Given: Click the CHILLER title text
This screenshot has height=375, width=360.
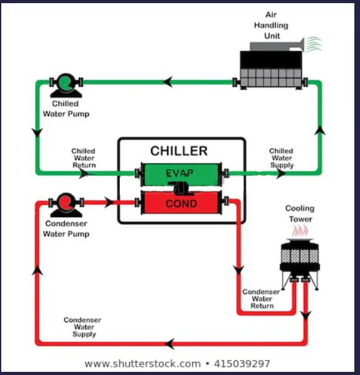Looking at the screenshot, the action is click(x=179, y=151).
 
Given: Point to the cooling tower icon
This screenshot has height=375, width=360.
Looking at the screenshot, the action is click(x=300, y=263).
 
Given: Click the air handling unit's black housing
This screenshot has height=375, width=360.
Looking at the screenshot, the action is click(x=271, y=60).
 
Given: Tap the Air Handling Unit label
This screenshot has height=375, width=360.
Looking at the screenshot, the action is click(x=272, y=25).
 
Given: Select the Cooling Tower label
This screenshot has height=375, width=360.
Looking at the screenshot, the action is click(x=300, y=214).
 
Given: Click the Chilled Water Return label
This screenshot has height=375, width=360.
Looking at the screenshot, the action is click(x=83, y=158).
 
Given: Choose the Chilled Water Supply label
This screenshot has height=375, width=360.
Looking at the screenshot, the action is click(x=282, y=158).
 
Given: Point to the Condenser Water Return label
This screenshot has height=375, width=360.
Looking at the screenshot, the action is click(x=262, y=298).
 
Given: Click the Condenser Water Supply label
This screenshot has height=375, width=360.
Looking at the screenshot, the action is click(x=83, y=327).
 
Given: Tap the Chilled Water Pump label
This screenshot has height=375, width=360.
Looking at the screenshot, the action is click(x=66, y=109).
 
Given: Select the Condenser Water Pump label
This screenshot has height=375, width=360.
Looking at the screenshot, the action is click(x=66, y=229).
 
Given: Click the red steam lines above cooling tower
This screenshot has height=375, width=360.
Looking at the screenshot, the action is click(x=300, y=231).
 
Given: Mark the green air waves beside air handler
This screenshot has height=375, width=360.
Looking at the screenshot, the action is click(x=314, y=44).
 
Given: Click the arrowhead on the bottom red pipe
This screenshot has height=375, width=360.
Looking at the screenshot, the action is click(x=169, y=344).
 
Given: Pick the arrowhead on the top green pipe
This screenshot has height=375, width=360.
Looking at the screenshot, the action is click(x=168, y=82).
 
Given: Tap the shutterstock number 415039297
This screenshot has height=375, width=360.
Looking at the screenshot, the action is click(x=242, y=364).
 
